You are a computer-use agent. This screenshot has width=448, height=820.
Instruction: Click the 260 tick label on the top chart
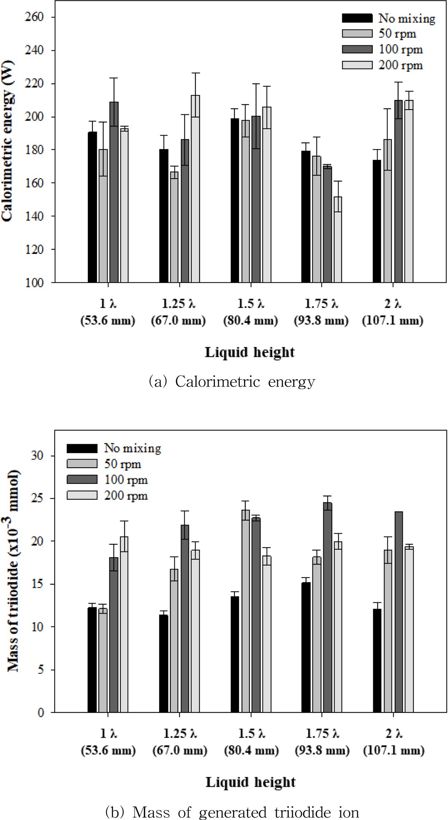click(x=34, y=17)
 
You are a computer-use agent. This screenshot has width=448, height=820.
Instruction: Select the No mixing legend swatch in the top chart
click(x=357, y=18)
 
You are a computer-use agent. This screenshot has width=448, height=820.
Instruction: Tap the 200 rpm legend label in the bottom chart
click(x=126, y=496)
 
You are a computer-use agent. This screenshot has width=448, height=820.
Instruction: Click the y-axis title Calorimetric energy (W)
click(x=7, y=150)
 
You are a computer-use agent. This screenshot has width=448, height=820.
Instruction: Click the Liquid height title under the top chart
click(x=250, y=352)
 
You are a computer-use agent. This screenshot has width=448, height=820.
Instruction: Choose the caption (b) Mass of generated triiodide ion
click(x=232, y=812)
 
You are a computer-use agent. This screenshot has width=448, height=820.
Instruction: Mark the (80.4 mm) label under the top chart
click(x=250, y=321)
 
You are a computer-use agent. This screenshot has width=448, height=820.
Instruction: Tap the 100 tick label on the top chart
click(x=34, y=283)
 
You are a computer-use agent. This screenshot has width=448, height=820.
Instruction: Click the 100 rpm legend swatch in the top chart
click(x=357, y=49)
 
